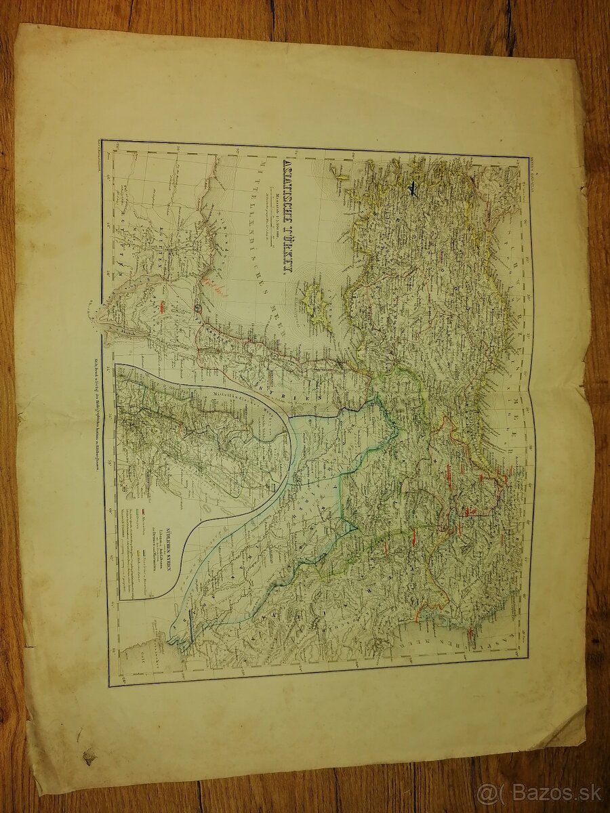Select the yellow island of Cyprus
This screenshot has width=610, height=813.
click(315, 301)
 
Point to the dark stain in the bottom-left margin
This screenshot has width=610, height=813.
click(88, 755)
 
